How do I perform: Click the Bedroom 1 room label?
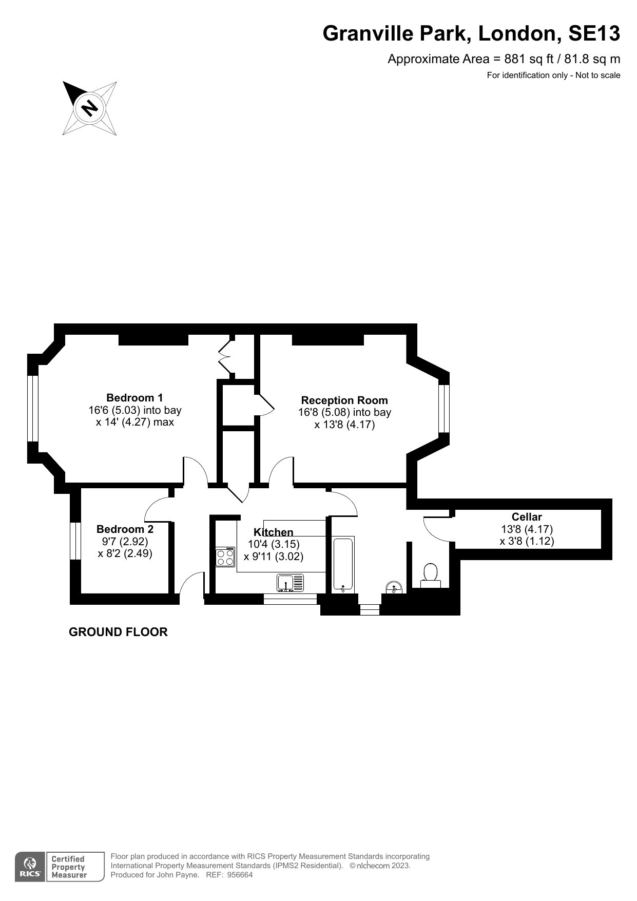[134, 397]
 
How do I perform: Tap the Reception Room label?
[344, 400]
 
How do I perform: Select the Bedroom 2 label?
[125, 529]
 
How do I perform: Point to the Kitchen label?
[274, 532]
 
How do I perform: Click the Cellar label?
[527, 517]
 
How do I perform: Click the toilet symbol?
[430, 576]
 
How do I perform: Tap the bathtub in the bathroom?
[343, 564]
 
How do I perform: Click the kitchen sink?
[291, 583]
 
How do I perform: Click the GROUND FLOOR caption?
[118, 632]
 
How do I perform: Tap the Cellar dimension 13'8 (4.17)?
[527, 529]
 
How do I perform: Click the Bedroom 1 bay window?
[33, 409]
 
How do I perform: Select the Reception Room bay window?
[444, 409]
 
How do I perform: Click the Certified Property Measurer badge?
[68, 867]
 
